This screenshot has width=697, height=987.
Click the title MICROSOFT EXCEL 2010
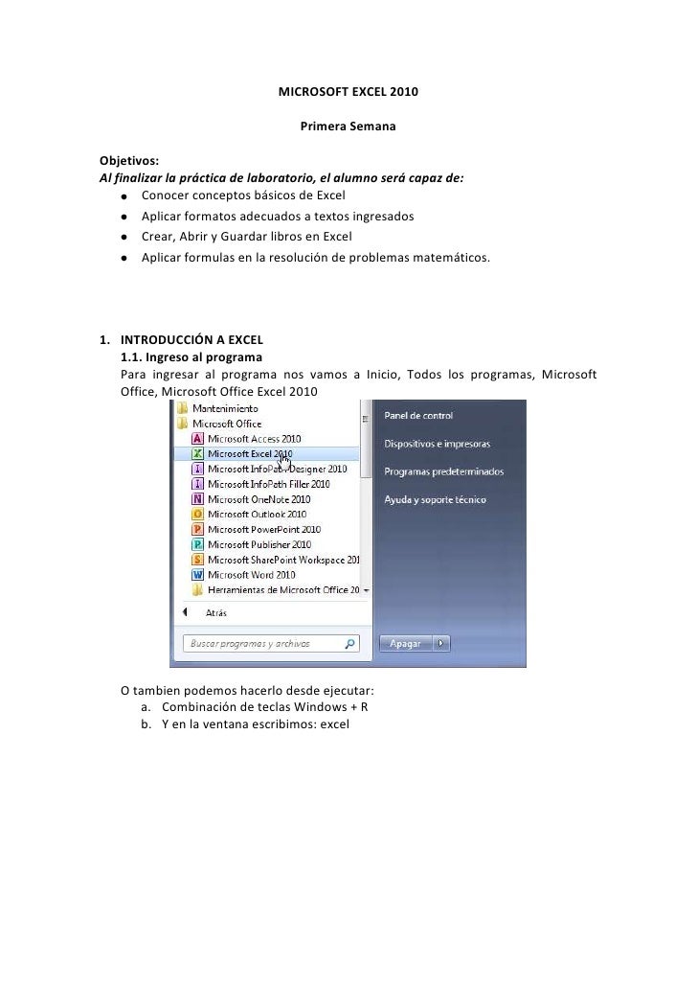point(348,94)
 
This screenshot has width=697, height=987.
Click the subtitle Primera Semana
point(348,126)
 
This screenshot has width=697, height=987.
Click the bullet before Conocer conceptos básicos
point(124,196)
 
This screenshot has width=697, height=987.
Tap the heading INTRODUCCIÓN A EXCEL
point(191,339)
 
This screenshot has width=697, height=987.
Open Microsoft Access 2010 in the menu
point(253,438)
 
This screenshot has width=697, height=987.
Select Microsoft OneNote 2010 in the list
point(259,499)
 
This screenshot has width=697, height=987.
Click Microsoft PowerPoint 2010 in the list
point(263,530)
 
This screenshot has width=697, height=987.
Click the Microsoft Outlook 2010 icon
point(197,515)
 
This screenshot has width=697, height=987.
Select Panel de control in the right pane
point(418,416)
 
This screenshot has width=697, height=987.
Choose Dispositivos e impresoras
point(437,445)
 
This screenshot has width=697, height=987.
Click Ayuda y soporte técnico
point(435,499)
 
